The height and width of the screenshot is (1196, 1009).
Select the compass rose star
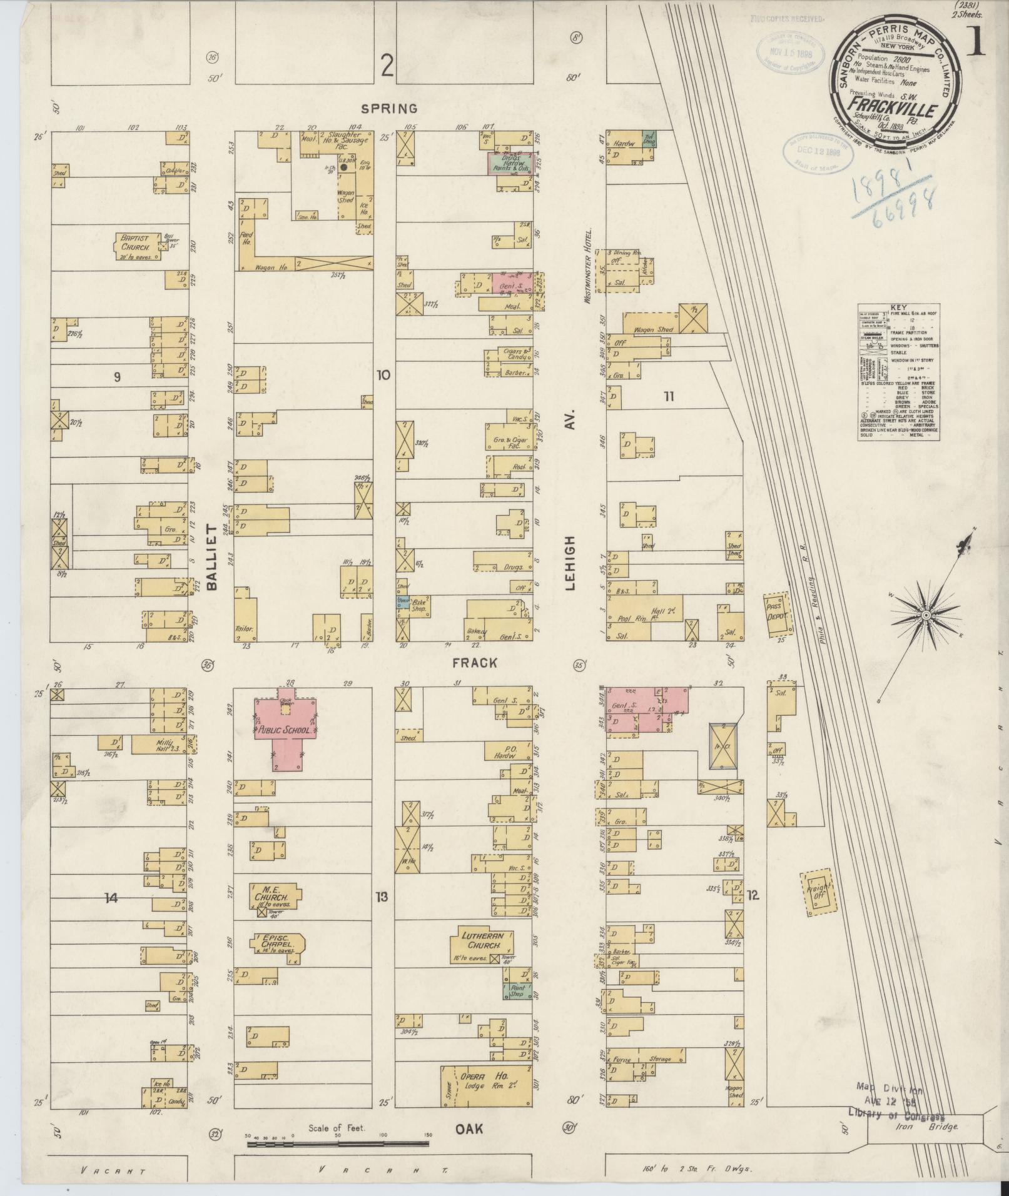(x=925, y=616)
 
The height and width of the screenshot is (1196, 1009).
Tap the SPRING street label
(x=392, y=108)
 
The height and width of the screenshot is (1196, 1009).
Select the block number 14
(x=111, y=898)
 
